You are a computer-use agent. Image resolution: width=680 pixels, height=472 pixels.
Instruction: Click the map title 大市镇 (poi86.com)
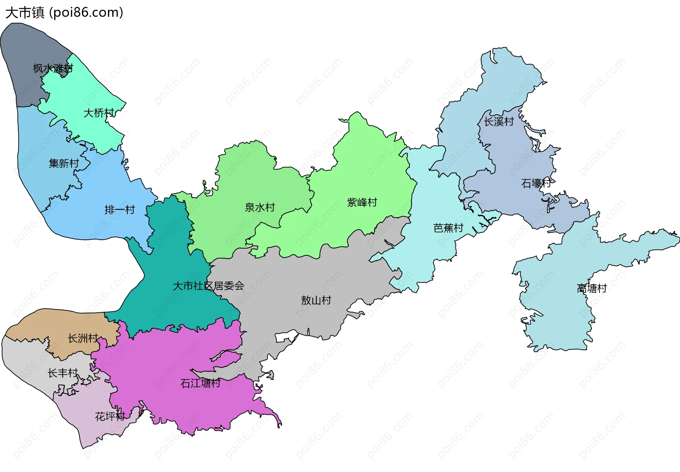click(64, 13)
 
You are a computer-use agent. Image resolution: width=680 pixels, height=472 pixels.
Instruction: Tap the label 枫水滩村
click(53, 68)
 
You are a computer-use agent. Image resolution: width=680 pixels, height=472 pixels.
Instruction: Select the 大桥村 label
click(99, 113)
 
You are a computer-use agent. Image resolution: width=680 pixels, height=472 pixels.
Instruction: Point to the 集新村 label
click(64, 164)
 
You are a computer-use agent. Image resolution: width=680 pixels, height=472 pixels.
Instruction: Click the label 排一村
click(120, 210)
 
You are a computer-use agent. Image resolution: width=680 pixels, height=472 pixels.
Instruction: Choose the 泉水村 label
click(260, 207)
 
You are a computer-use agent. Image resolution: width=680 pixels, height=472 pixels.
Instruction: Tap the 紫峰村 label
click(362, 203)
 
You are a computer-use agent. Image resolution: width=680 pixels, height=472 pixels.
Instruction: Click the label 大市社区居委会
click(208, 286)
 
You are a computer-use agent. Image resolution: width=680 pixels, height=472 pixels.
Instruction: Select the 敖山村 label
click(316, 301)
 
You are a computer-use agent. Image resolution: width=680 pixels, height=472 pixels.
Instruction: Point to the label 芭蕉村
click(448, 228)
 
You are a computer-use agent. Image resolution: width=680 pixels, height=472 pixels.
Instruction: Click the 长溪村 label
click(499, 122)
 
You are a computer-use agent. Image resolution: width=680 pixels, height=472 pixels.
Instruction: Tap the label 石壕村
click(536, 183)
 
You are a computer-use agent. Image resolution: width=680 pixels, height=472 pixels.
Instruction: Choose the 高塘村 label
click(591, 289)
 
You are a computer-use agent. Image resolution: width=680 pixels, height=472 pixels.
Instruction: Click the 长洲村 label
click(83, 339)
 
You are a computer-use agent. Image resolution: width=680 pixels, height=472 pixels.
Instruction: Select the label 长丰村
click(63, 373)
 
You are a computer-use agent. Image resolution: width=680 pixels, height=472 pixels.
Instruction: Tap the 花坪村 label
click(110, 416)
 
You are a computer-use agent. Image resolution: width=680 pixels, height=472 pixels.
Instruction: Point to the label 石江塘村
click(200, 383)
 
